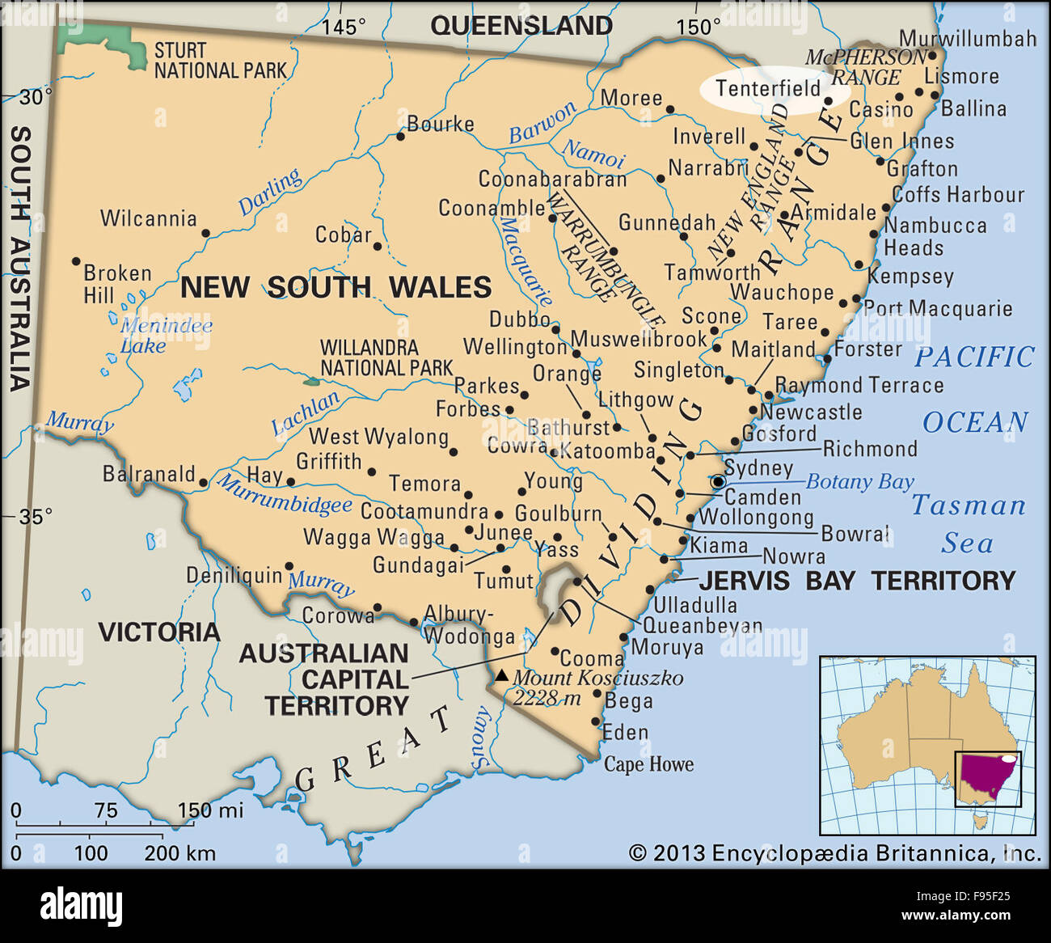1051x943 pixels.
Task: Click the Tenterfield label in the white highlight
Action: pos(768,88)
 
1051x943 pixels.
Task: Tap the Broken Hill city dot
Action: pos(76,261)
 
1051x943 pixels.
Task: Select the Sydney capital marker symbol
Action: pos(718,482)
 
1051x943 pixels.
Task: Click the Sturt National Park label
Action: pos(220,61)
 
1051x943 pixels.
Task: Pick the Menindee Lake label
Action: pos(166,336)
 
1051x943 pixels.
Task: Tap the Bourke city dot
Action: pos(400,137)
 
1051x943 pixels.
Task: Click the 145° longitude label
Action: pos(344,27)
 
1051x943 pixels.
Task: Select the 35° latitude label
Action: pos(36,515)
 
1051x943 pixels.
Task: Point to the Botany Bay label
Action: pos(859,482)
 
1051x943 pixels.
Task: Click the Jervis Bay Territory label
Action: pos(857,580)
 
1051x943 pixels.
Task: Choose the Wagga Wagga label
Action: pos(374,537)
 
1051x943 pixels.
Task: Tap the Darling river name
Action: pos(270,192)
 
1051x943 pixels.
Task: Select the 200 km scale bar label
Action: pos(179,852)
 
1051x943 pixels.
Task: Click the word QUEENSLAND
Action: pos(521,26)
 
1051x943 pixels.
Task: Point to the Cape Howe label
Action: pos(648,764)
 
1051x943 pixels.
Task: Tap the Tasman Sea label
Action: pos(968,524)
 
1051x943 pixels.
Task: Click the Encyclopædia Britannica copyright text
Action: pos(834,853)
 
